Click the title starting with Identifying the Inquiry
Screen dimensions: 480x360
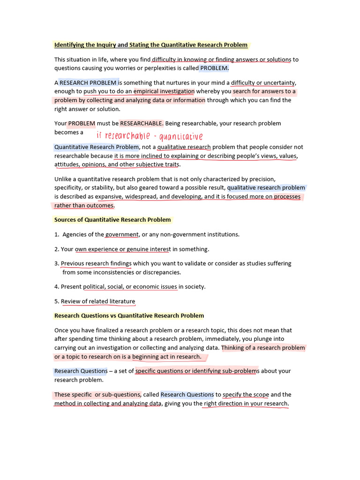(x=151, y=45)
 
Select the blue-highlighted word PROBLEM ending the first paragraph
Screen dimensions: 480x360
(x=214, y=68)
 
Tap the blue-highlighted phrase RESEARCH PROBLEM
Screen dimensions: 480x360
(x=88, y=82)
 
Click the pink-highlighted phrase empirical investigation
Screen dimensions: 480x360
(x=164, y=91)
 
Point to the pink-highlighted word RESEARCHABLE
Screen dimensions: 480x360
(x=142, y=123)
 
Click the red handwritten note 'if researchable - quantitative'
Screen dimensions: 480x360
(x=150, y=136)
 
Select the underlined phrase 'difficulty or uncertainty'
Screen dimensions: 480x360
(x=263, y=82)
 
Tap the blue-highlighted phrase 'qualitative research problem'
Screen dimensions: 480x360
(x=266, y=187)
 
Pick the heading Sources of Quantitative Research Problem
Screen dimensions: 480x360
(x=112, y=219)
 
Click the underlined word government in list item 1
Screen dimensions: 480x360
(x=122, y=234)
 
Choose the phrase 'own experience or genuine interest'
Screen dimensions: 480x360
(x=122, y=249)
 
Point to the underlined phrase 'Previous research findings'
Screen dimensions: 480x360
(x=96, y=263)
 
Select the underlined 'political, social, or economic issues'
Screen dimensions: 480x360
(x=130, y=286)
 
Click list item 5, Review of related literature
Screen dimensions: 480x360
(x=98, y=301)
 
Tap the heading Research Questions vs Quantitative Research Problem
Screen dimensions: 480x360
(x=129, y=315)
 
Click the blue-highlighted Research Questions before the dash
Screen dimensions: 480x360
(x=81, y=371)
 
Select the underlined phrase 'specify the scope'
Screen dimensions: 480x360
(x=246, y=395)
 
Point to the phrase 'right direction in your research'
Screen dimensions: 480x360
(x=246, y=404)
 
